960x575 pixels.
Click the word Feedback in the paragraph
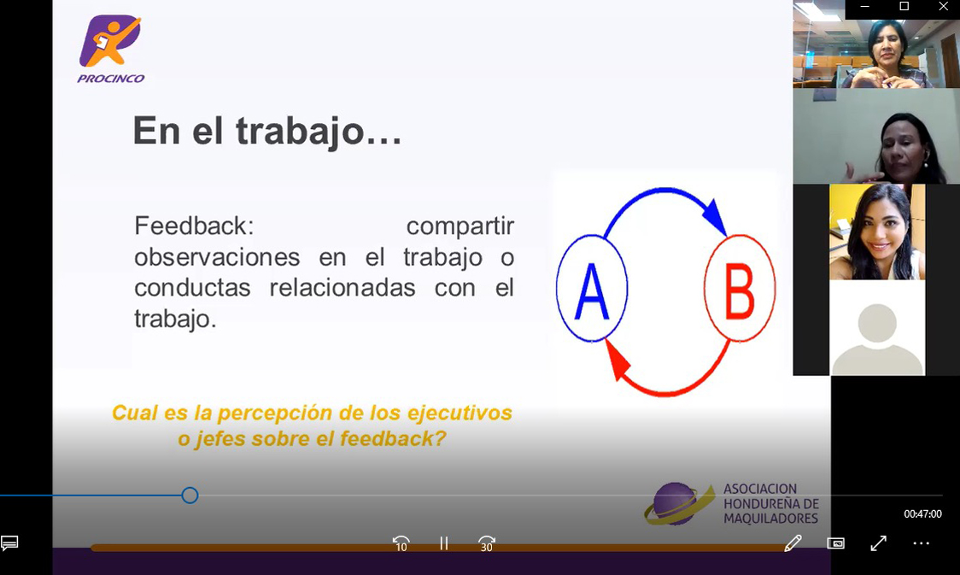point(194,226)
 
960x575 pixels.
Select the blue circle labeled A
point(591,288)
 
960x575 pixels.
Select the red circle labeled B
point(740,288)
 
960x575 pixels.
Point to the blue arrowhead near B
point(715,216)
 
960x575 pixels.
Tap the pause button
point(444,543)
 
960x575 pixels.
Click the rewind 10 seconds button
point(401,543)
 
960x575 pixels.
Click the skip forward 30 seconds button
point(487,543)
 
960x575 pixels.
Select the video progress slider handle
point(190,496)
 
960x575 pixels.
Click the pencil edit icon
point(793,543)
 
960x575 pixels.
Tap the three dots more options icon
point(922,543)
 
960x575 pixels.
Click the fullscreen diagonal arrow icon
point(879,543)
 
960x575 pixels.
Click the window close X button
point(944,6)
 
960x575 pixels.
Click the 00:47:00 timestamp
point(922,513)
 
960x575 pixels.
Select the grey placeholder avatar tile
point(877,327)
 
